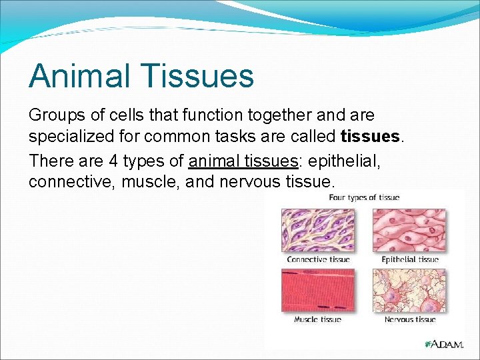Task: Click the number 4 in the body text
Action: pyautogui.click(x=109, y=160)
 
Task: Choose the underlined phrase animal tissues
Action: pyautogui.click(x=243, y=160)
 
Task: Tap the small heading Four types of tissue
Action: pyautogui.click(x=363, y=197)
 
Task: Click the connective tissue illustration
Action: pyautogui.click(x=318, y=229)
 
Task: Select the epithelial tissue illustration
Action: pyautogui.click(x=408, y=229)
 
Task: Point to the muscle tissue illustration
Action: pyautogui.click(x=318, y=290)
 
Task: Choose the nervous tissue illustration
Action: pyautogui.click(x=408, y=290)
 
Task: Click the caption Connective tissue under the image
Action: pyautogui.click(x=318, y=259)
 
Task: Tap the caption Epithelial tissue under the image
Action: pyautogui.click(x=409, y=259)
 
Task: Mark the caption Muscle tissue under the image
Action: pyautogui.click(x=317, y=319)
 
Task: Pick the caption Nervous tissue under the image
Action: pyautogui.click(x=409, y=319)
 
